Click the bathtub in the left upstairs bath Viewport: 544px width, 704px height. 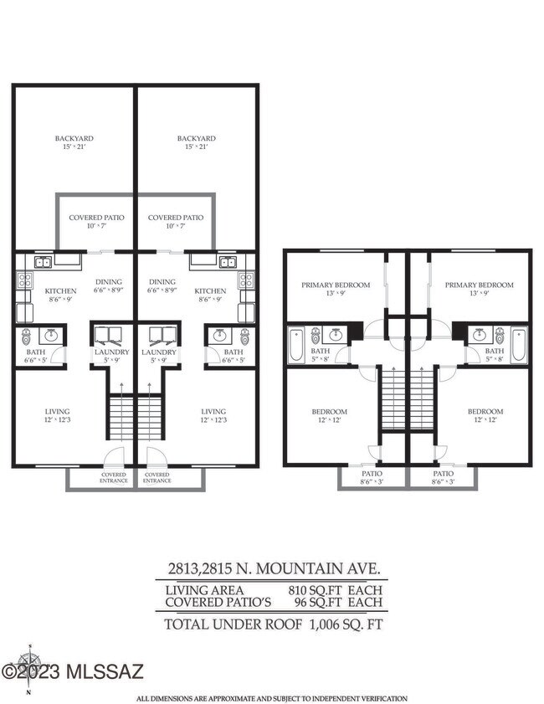[296, 346]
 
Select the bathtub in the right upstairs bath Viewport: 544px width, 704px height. [518, 345]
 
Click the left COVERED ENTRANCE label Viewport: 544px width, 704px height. [113, 478]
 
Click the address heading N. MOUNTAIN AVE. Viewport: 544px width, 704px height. [271, 568]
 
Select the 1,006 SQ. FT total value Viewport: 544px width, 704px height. [345, 623]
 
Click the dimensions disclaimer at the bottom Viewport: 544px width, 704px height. [272, 697]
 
